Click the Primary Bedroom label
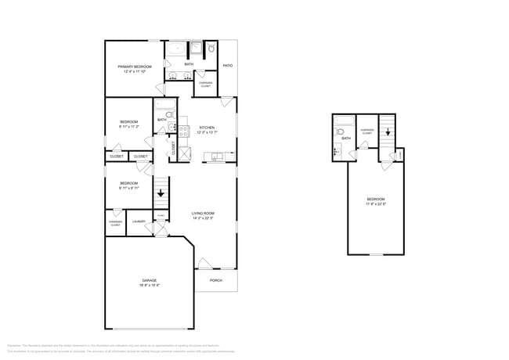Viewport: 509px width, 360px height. click(x=134, y=67)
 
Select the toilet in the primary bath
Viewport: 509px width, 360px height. click(x=212, y=49)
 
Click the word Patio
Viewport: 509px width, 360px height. click(x=227, y=66)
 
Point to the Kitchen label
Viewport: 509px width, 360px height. click(x=207, y=128)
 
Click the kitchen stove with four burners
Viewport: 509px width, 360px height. click(x=183, y=131)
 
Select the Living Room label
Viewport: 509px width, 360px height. click(x=203, y=214)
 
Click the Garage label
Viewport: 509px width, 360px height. click(x=149, y=280)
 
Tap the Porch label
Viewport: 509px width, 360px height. click(x=215, y=280)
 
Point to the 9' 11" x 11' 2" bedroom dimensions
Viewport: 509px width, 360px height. click(x=129, y=127)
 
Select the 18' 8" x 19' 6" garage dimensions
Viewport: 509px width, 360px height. click(x=149, y=286)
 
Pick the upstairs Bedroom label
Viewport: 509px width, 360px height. click(x=376, y=200)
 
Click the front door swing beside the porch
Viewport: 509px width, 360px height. click(x=204, y=263)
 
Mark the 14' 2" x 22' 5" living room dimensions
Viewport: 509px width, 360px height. click(x=203, y=218)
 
